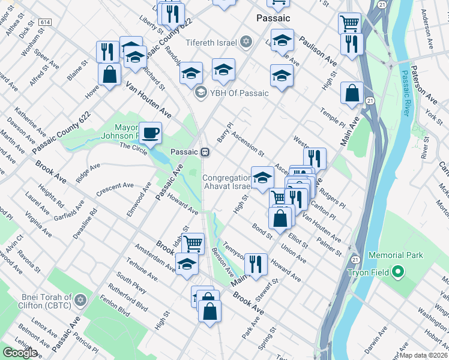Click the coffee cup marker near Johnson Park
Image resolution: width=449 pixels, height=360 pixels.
150,132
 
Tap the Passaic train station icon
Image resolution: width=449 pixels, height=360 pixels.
205,152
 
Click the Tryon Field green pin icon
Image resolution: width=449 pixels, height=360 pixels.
397,272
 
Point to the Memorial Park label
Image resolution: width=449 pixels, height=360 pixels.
396,256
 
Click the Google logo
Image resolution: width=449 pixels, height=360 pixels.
20,352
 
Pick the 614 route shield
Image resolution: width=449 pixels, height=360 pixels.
44,22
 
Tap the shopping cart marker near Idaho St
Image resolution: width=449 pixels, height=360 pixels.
193,243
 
